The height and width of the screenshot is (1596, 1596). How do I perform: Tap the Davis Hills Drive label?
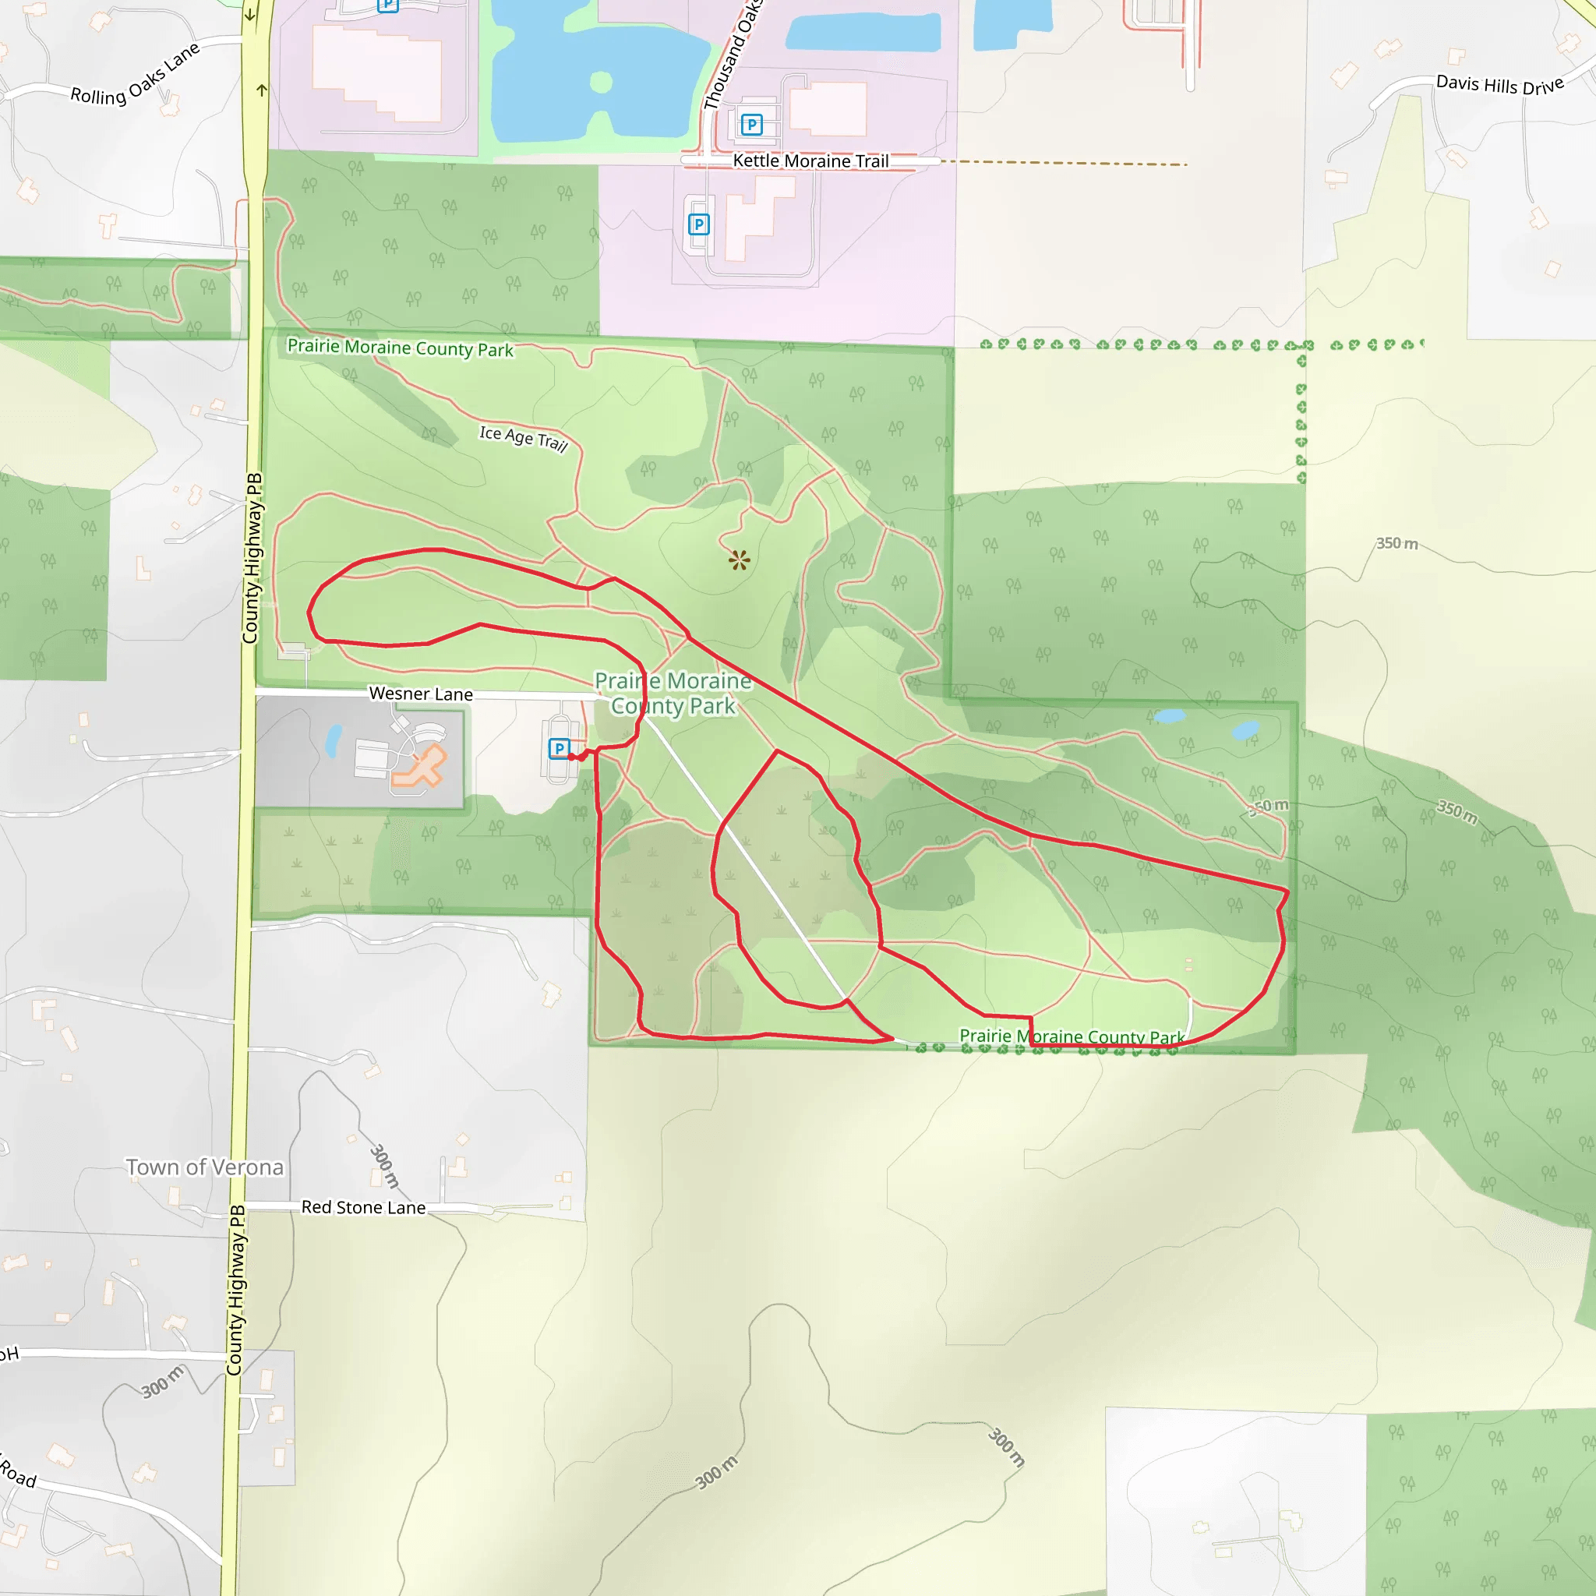pos(1499,84)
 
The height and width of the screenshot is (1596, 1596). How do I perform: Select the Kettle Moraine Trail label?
pos(810,161)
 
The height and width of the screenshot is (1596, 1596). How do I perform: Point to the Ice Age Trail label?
pos(524,438)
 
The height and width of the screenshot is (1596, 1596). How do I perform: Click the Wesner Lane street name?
pos(421,694)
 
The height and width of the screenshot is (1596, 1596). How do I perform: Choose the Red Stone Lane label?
pos(363,1207)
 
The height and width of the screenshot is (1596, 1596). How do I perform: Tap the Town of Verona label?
pos(205,1167)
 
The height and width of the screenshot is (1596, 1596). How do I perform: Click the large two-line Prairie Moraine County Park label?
pos(673,693)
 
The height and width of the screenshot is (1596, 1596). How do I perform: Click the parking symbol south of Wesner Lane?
pos(560,748)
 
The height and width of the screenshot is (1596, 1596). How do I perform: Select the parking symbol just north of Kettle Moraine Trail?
pos(751,125)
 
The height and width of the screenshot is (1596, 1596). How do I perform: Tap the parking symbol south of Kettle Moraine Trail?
pos(699,224)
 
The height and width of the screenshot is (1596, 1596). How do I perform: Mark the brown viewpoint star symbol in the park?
pos(740,561)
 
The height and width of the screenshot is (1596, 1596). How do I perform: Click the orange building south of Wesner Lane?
pos(421,766)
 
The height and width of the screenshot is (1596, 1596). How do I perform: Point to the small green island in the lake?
pos(602,82)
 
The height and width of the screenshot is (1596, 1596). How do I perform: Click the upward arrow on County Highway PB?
pos(262,90)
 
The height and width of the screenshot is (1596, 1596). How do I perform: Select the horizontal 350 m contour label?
pos(1397,544)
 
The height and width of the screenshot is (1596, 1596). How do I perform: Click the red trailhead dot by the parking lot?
pos(572,757)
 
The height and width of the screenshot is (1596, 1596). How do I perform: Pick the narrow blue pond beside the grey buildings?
pos(333,741)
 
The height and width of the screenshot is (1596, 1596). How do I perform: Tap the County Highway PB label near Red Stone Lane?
pos(237,1291)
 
